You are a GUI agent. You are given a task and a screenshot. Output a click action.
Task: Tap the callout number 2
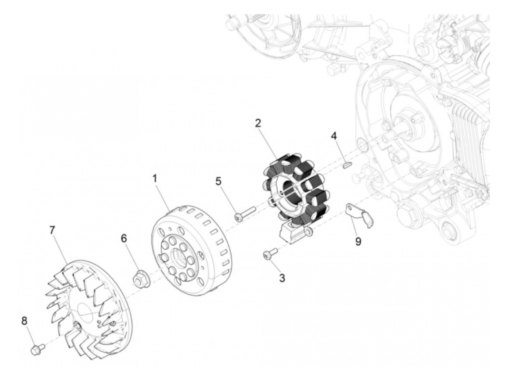tap(258, 124)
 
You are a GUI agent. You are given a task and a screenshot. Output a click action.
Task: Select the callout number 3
tap(282, 278)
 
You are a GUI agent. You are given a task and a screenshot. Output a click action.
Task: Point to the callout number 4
tap(334, 136)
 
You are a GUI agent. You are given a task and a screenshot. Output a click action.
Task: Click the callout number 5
tap(218, 181)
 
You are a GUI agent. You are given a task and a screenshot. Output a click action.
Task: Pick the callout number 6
tap(124, 238)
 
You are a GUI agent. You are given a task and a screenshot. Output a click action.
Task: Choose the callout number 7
tap(53, 230)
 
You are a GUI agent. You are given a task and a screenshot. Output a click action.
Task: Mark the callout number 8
tap(24, 321)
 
